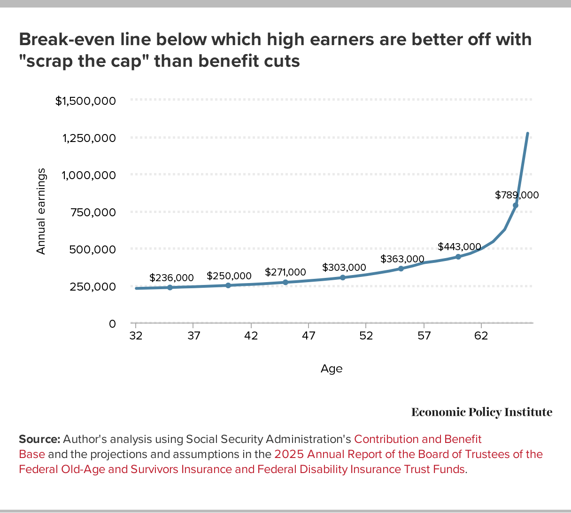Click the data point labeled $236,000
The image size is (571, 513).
(170, 287)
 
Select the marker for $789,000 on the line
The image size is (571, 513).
(516, 205)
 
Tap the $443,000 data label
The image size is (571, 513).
(459, 246)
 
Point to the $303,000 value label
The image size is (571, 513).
(344, 268)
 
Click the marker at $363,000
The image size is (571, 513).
(401, 268)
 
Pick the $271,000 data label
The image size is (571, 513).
(285, 272)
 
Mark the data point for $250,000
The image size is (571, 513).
(228, 285)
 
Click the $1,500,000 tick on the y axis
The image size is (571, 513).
(85, 101)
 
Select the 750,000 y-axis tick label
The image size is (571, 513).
(93, 212)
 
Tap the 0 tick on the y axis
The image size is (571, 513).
(112, 324)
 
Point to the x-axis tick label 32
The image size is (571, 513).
(136, 336)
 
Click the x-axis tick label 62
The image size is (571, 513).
(481, 336)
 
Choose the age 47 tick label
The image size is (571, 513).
(309, 336)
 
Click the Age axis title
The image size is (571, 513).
(332, 369)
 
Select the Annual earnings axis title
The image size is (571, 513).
(41, 211)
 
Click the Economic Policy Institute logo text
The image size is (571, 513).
(482, 412)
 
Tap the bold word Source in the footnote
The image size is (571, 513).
(39, 439)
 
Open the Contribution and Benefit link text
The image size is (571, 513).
(417, 439)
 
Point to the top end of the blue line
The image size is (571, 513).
(527, 134)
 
